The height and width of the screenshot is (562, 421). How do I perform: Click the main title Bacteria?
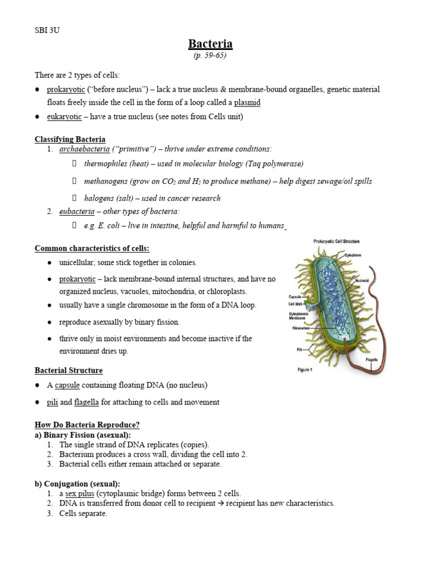210,44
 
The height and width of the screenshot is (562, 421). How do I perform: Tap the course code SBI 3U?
47,30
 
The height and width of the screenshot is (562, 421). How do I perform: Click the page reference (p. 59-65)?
210,55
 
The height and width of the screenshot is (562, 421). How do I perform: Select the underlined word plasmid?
247,102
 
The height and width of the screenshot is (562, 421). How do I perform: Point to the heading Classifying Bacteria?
70,139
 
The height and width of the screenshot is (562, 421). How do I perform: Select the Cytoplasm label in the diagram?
356,255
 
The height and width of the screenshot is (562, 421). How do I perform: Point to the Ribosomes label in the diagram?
301,329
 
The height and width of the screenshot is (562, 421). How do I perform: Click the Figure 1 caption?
305,370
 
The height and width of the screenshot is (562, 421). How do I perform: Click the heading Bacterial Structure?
69,370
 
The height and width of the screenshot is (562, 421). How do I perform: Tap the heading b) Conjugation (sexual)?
77,484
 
